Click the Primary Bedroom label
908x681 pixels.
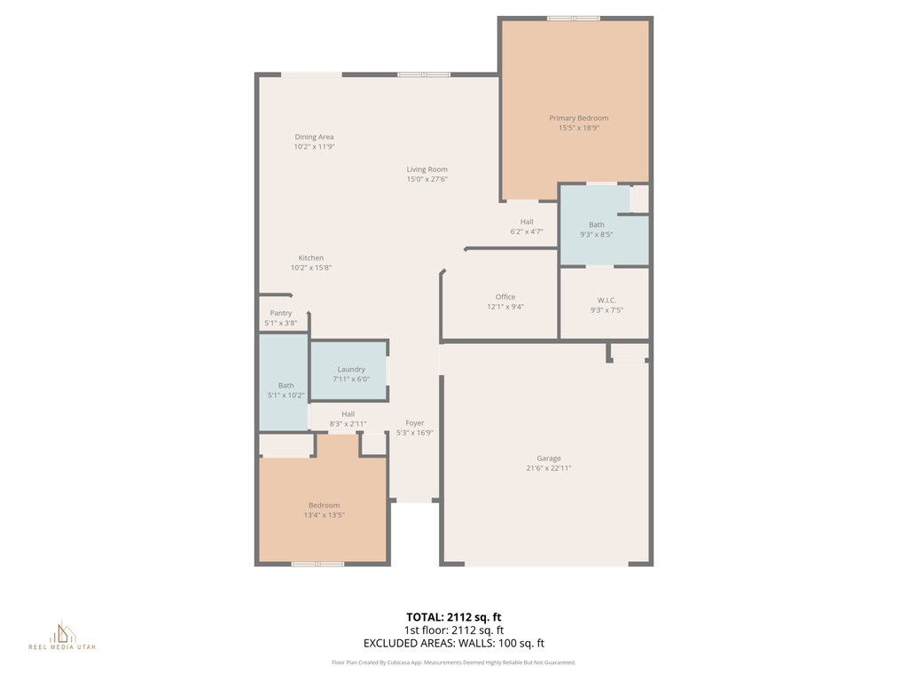point(578,118)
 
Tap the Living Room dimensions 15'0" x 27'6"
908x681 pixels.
point(427,179)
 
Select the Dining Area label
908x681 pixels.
point(314,137)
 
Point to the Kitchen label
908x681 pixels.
point(310,258)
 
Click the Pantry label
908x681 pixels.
point(280,313)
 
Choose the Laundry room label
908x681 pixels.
point(351,369)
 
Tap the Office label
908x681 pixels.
point(505,297)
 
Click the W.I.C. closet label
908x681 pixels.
point(607,300)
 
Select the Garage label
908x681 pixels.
point(548,458)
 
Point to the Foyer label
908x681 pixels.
point(414,423)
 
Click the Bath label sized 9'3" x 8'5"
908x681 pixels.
point(596,224)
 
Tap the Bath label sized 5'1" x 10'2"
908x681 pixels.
point(286,386)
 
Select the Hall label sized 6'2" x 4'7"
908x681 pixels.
point(527,222)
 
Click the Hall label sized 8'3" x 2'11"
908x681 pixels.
point(348,414)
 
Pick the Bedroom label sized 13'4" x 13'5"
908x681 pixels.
point(324,505)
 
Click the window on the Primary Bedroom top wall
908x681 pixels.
point(573,18)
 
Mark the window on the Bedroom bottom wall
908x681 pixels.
point(317,563)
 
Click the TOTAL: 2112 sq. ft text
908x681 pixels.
point(454,616)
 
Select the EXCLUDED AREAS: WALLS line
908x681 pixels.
point(454,644)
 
